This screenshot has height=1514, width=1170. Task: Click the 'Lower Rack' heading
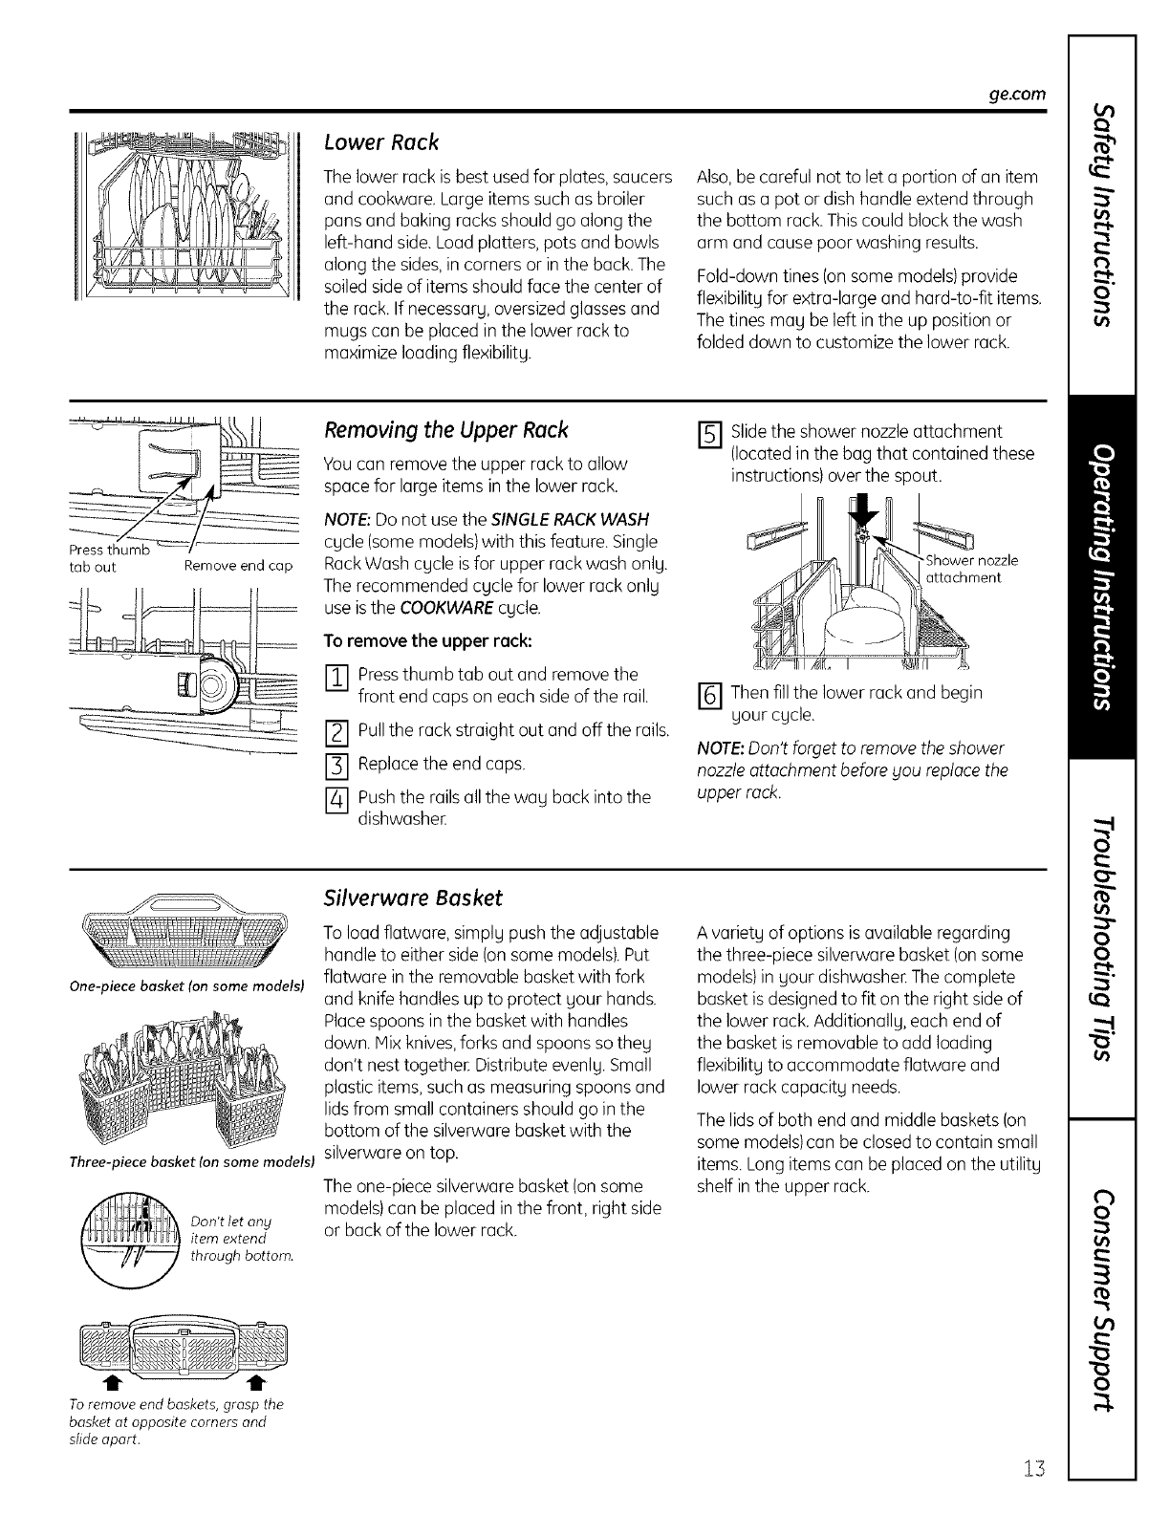tap(381, 143)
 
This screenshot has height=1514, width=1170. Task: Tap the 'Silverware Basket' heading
tap(413, 898)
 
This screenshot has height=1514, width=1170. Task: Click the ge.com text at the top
tap(1016, 94)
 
